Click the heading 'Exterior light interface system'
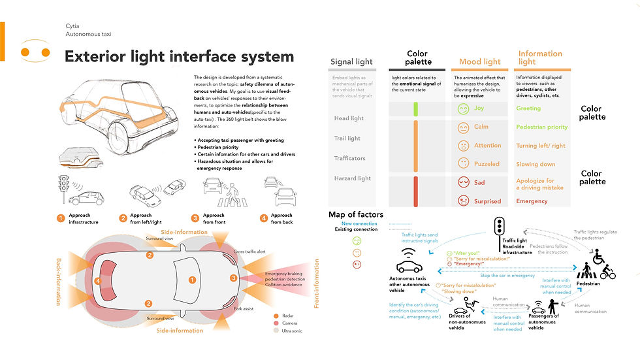[x=179, y=57]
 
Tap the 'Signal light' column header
[x=351, y=62]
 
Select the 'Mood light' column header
[x=479, y=62]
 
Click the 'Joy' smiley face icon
[x=463, y=108]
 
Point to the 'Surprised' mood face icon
[x=463, y=201]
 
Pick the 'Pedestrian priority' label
[x=541, y=127]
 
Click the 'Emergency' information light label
[x=532, y=201]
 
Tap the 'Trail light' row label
[x=347, y=139]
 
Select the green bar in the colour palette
[x=415, y=109]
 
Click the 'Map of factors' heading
[x=356, y=214]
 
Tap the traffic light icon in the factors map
[x=499, y=226]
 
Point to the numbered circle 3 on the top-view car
[x=234, y=278]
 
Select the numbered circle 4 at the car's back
[x=97, y=281]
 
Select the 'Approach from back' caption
[x=281, y=219]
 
